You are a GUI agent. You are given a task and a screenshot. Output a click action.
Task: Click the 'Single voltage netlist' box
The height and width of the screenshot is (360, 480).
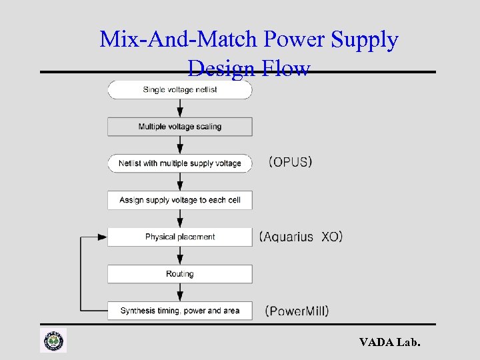pyautogui.click(x=180, y=90)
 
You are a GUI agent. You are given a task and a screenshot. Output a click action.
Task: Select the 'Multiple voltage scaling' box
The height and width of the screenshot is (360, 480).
pyautogui.click(x=180, y=127)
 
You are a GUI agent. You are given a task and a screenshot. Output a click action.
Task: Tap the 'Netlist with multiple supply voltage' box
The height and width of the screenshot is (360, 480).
pyautogui.click(x=180, y=163)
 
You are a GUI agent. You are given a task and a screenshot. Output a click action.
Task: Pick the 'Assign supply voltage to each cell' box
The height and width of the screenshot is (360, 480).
pyautogui.click(x=180, y=200)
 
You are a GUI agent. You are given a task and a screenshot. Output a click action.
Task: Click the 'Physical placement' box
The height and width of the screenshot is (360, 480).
pyautogui.click(x=180, y=237)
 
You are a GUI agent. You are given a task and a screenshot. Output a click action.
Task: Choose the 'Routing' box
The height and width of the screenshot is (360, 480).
pyautogui.click(x=180, y=274)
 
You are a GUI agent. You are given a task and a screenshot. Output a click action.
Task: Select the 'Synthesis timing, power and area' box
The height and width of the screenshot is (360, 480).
pyautogui.click(x=180, y=311)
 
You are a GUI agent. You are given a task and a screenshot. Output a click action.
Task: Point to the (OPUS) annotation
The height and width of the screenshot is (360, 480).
pyautogui.click(x=291, y=162)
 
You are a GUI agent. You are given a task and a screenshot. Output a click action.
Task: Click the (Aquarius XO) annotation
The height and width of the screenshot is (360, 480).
pyautogui.click(x=301, y=237)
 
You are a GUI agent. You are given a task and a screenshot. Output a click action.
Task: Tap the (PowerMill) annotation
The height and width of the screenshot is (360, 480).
pyautogui.click(x=297, y=311)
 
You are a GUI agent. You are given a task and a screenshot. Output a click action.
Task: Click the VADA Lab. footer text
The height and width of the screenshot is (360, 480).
pyautogui.click(x=390, y=343)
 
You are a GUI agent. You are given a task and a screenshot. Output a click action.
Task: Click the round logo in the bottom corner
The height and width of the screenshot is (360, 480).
pyautogui.click(x=53, y=341)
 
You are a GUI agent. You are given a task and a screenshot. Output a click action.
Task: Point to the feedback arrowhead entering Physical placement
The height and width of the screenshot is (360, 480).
pyautogui.click(x=102, y=237)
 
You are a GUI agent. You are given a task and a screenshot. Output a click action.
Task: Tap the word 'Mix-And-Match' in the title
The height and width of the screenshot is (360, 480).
pyautogui.click(x=179, y=40)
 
